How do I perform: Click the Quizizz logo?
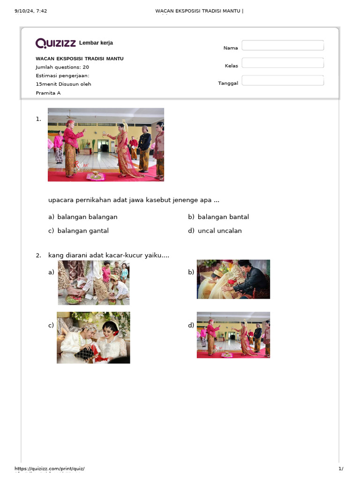(x=55, y=43)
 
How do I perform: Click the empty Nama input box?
(x=283, y=45)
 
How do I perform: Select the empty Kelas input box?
(x=283, y=63)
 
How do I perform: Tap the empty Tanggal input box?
(x=283, y=81)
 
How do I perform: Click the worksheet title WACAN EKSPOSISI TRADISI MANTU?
(x=80, y=59)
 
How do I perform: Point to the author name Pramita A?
(x=48, y=93)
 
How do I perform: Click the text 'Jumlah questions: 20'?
(x=62, y=67)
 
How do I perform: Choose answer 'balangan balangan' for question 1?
(x=87, y=217)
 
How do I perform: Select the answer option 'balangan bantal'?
(x=223, y=217)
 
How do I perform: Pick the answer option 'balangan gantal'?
(x=83, y=231)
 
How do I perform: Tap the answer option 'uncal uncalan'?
(x=220, y=231)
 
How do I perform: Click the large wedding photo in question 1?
(x=106, y=144)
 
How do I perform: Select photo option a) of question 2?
(x=94, y=283)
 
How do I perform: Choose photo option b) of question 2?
(x=233, y=279)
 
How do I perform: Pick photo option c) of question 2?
(x=93, y=337)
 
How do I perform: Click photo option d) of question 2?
(x=233, y=335)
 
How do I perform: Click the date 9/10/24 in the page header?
(x=24, y=11)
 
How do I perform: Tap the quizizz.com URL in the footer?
(x=50, y=468)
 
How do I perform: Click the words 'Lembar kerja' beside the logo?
(x=96, y=43)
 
